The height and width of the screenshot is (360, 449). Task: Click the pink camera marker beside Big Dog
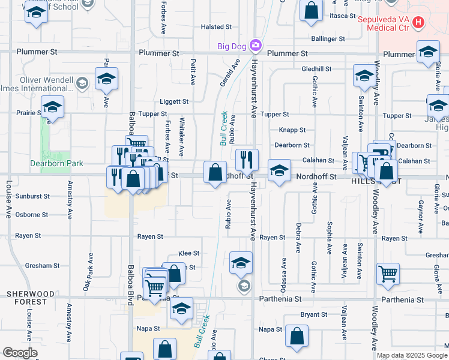256,45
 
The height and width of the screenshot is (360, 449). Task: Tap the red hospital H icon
419,23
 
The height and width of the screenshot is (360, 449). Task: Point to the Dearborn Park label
56,163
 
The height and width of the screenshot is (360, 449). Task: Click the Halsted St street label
216,27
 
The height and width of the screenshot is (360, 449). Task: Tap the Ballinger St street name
328,38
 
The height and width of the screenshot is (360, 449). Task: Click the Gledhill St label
316,69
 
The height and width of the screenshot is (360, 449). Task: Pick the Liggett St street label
174,102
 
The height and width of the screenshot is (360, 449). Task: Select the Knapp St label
292,130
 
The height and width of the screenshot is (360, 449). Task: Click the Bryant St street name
313,314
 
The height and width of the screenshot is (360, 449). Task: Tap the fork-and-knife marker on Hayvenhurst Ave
247,160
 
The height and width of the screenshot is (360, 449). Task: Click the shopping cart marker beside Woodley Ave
388,274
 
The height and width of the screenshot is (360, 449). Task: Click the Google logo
20,353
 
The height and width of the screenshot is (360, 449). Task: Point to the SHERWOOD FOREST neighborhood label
31,298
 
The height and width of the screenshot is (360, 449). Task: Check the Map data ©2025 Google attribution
412,355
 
